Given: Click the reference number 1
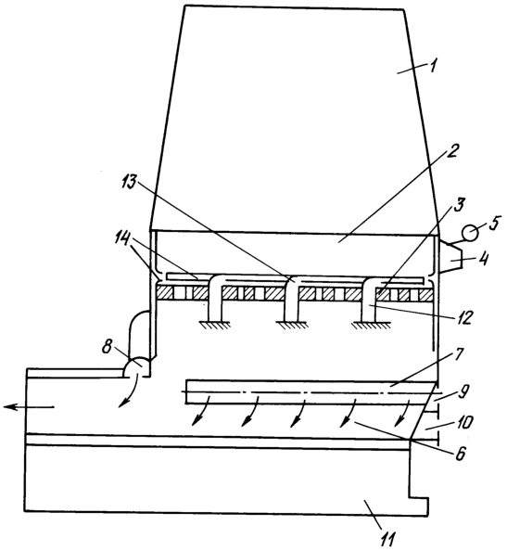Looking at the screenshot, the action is click(433, 66).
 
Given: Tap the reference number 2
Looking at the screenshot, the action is click(453, 151).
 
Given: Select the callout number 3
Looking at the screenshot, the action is click(459, 205).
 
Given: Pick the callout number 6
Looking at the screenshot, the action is click(461, 454).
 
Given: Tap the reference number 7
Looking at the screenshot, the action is click(458, 357).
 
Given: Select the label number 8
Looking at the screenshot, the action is click(108, 347).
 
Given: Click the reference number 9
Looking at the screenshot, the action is click(464, 392).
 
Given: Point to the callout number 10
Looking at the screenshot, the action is click(465, 423).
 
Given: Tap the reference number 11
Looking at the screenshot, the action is click(387, 539).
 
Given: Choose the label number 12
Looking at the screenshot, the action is click(463, 316).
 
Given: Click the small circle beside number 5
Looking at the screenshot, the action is click(469, 233).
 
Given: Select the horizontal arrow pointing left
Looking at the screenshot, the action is click(29, 407).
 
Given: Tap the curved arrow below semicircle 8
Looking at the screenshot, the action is click(129, 391).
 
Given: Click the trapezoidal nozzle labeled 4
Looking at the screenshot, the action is click(450, 257).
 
